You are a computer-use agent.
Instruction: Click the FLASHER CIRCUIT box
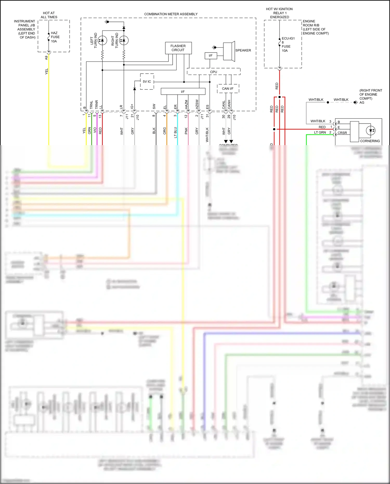tap(178, 48)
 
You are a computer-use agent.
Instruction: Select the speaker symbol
tap(229, 51)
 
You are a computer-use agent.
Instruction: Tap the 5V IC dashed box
tap(147, 82)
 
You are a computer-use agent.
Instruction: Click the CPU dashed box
tap(213, 72)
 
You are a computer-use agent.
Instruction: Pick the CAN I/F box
tap(228, 89)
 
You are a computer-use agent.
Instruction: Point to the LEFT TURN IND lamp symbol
tap(102, 40)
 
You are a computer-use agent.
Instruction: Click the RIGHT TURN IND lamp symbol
tap(124, 40)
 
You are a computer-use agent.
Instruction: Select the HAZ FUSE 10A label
tap(55, 37)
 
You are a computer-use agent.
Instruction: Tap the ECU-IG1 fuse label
tap(288, 38)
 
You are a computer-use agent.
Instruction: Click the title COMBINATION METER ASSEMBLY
tap(171, 14)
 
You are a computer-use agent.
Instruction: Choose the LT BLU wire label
tap(175, 132)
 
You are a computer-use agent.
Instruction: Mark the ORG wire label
tap(165, 131)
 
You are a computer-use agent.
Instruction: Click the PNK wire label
tap(186, 131)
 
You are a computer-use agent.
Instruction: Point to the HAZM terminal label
tap(186, 104)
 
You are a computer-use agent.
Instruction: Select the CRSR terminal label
tap(342, 133)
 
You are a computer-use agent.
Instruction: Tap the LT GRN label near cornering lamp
tap(320, 132)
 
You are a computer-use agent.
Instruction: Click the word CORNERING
tap(370, 141)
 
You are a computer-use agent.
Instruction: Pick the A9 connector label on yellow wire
tap(47, 58)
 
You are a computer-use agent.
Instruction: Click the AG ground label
tap(362, 102)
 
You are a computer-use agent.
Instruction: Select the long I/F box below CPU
tap(183, 92)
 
